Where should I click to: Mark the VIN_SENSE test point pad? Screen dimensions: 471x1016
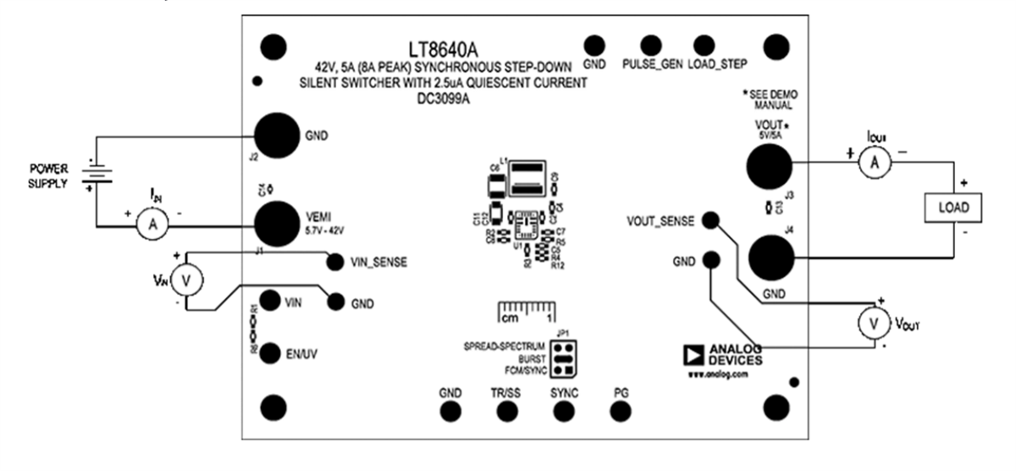pos(335,262)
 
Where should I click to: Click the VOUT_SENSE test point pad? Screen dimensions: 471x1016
pos(712,221)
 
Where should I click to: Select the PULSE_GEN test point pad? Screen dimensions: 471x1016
pos(651,45)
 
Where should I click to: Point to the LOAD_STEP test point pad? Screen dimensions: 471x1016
pos(704,45)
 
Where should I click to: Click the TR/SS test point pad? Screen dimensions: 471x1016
pos(506,411)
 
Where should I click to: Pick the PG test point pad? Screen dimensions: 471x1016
pos(621,411)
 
